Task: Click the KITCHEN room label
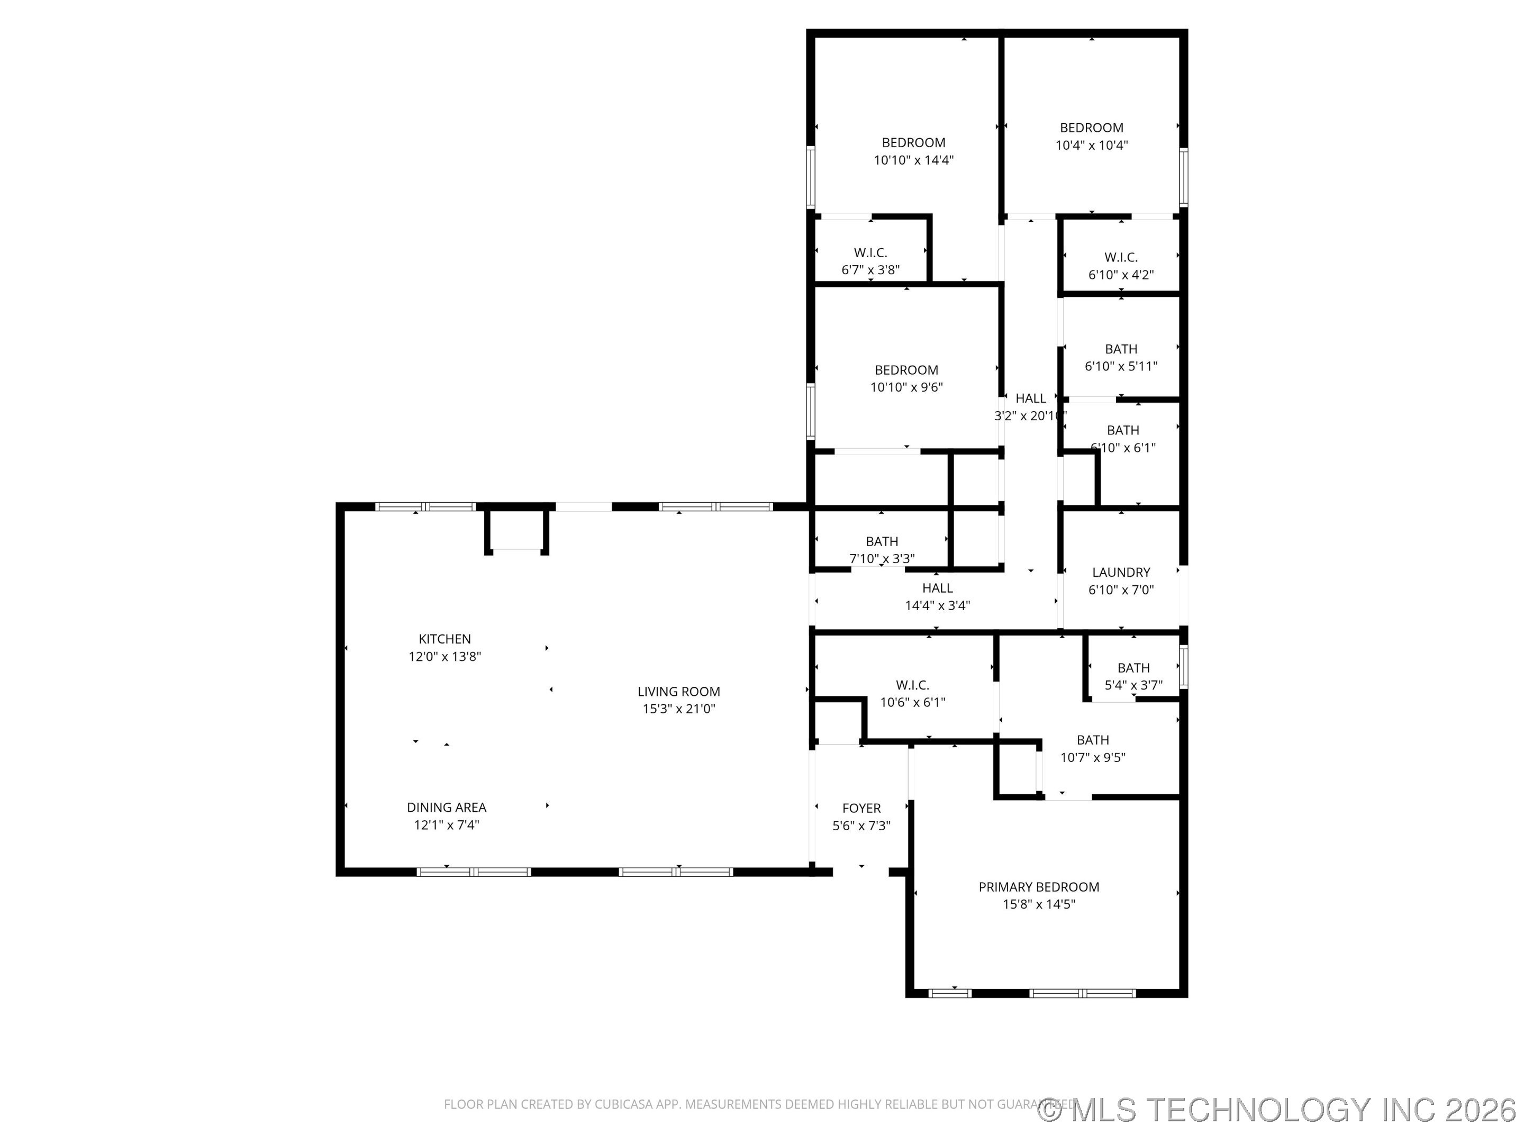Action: click(444, 639)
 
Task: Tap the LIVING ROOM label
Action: click(678, 691)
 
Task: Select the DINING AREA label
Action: click(447, 807)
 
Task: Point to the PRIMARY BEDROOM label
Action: click(1038, 887)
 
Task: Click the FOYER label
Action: click(861, 808)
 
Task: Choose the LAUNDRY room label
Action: click(1121, 572)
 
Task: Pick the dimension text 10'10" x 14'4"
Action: click(913, 160)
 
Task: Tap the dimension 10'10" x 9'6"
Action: click(906, 387)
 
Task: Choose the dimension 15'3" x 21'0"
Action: click(678, 709)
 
